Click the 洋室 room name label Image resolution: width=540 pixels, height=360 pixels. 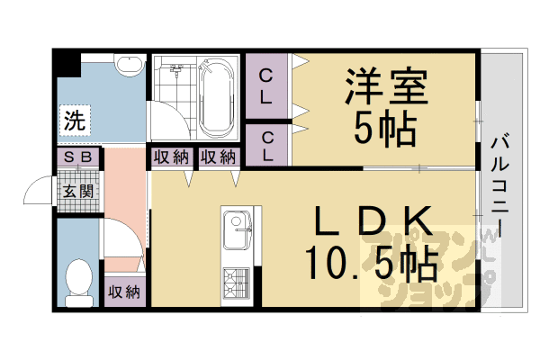(382, 88)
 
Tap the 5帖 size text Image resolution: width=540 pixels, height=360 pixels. (384, 132)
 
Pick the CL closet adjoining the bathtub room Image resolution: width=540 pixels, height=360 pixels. (266, 87)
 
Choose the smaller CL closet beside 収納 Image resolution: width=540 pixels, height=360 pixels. (266, 146)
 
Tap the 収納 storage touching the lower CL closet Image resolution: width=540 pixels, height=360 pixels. (219, 157)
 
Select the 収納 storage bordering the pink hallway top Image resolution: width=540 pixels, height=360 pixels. (170, 157)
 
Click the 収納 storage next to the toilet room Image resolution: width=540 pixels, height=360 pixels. (124, 292)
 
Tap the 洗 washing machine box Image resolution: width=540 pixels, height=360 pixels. (75, 119)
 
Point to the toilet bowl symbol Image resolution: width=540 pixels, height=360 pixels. (80, 276)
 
